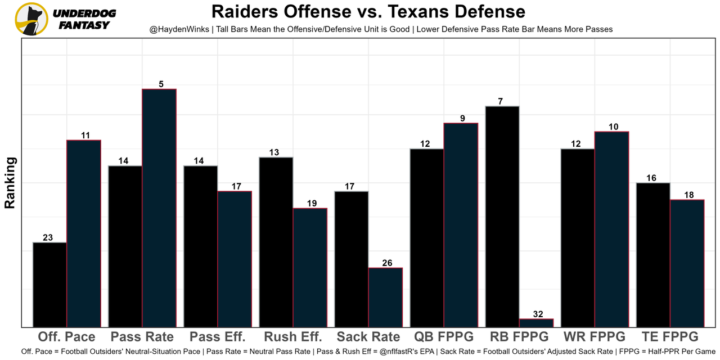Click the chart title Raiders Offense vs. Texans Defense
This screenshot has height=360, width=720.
click(x=368, y=11)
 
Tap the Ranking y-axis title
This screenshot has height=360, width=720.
click(x=10, y=183)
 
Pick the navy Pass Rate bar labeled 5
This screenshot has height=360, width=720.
click(x=159, y=208)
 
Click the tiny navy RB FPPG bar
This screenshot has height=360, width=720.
click(x=536, y=323)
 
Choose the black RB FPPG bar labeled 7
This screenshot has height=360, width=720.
click(x=502, y=217)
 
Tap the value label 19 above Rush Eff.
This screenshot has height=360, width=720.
click(x=310, y=204)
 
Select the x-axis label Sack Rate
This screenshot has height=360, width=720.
click(x=368, y=337)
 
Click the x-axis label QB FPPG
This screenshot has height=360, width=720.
click(x=444, y=337)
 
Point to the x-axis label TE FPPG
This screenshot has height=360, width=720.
click(x=670, y=337)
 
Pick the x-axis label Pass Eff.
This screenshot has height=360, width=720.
click(x=218, y=337)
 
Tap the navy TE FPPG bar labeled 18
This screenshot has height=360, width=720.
click(x=687, y=263)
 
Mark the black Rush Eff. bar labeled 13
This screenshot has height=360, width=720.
click(x=276, y=242)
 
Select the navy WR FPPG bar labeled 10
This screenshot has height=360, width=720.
click(x=611, y=229)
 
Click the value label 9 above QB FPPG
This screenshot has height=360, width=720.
click(x=461, y=119)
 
